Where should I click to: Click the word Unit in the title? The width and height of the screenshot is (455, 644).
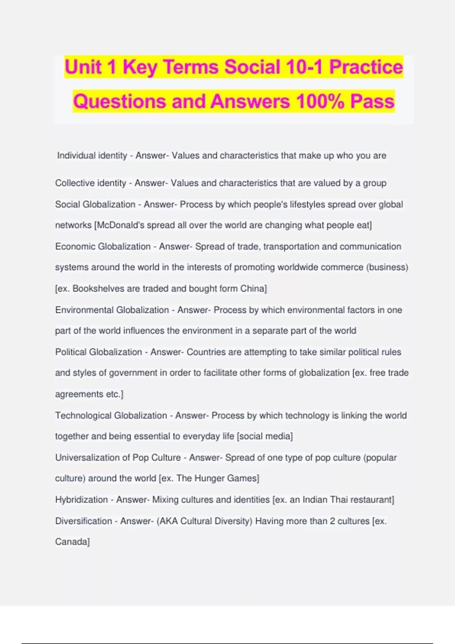(83, 67)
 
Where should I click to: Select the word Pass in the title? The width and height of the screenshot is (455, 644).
(372, 102)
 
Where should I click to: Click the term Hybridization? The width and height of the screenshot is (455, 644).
(82, 500)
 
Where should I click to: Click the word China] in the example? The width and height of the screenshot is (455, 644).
(254, 289)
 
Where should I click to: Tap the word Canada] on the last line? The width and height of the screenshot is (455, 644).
(72, 542)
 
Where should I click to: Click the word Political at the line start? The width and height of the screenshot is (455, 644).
(71, 352)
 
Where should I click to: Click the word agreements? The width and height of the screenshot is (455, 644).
(79, 394)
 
